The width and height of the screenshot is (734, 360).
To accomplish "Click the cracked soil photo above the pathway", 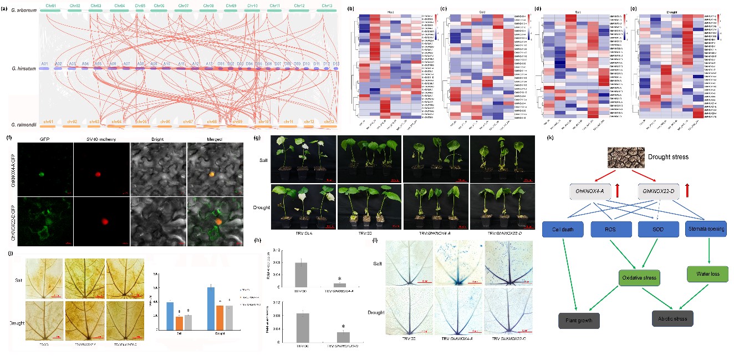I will pyautogui.click(x=629, y=157).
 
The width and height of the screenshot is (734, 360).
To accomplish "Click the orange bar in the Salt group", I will pyautogui.click(x=179, y=323).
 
